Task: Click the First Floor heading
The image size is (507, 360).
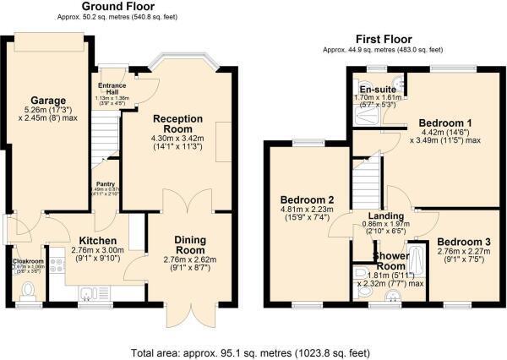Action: [x=378, y=40]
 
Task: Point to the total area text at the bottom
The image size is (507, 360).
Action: [x=252, y=351]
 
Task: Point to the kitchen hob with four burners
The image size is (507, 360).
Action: [x=57, y=267]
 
